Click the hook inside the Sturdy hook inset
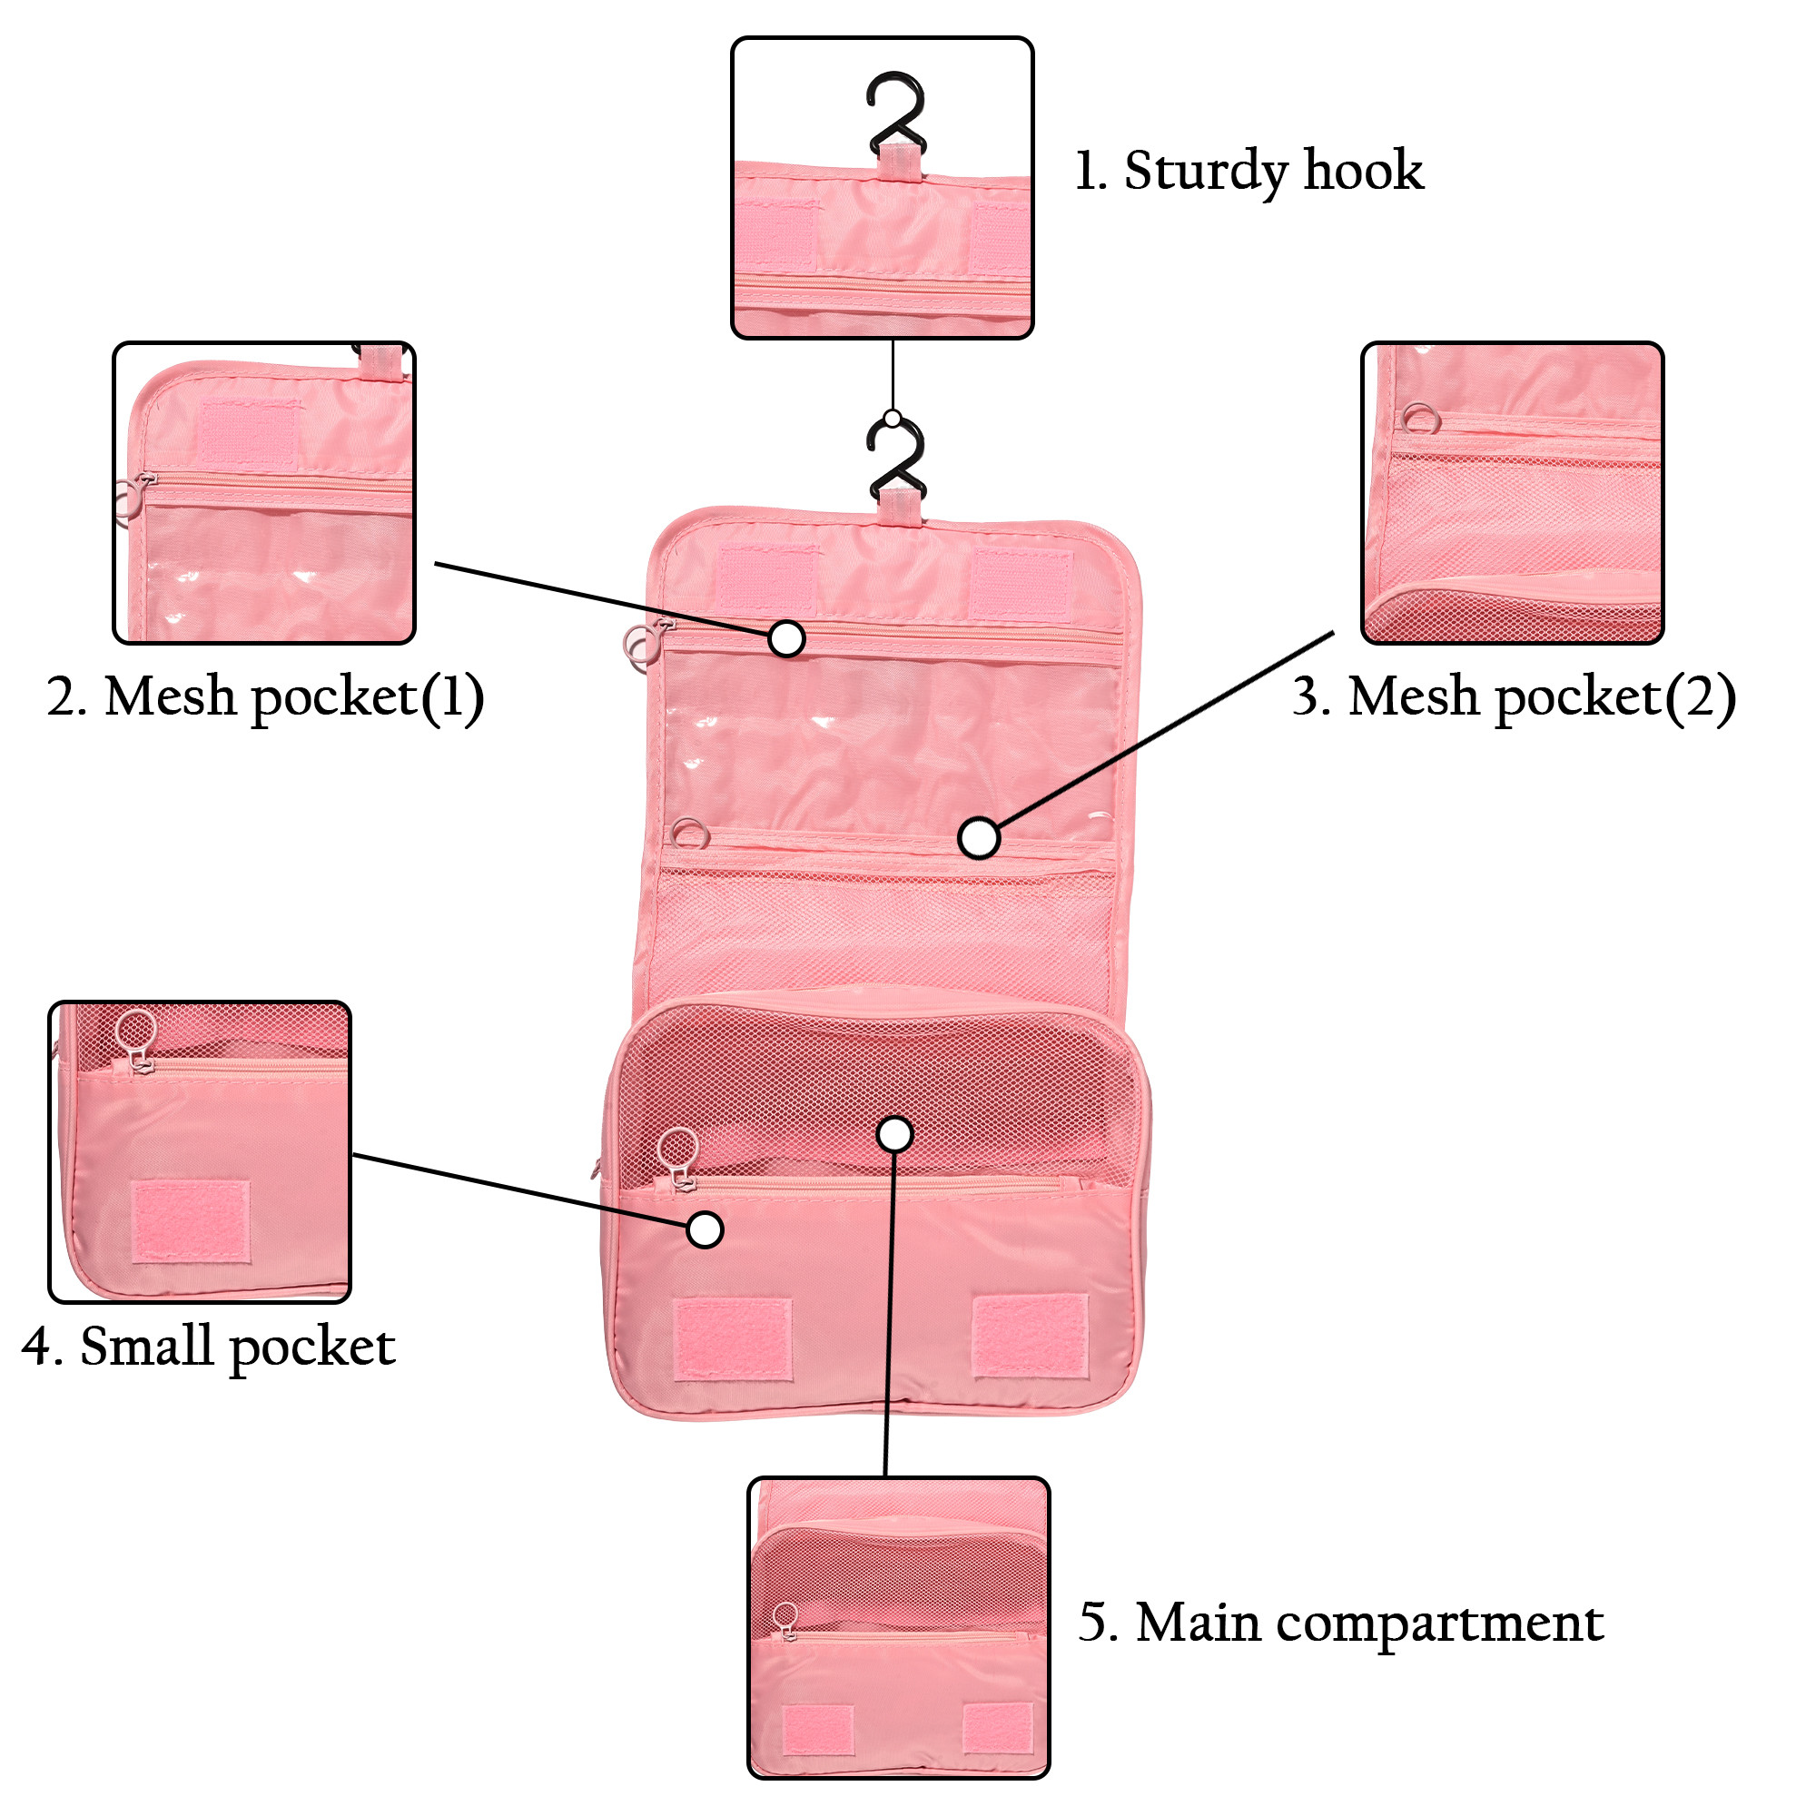(x=896, y=113)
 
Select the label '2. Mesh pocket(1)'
(x=265, y=697)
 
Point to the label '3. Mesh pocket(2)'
(x=1513, y=697)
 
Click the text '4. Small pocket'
(x=209, y=1347)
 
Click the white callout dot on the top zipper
(x=786, y=638)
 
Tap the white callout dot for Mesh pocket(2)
(x=980, y=836)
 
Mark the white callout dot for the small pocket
(x=704, y=1229)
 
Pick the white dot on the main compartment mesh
(x=895, y=1133)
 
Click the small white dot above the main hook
(x=892, y=418)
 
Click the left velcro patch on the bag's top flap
(x=765, y=577)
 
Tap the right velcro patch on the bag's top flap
(x=1021, y=584)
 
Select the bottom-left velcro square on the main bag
(x=733, y=1339)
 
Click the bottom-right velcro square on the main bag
(x=1031, y=1336)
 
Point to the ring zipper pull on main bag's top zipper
(x=641, y=645)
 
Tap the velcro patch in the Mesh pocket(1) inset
(x=249, y=434)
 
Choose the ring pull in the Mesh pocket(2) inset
(x=1419, y=418)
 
